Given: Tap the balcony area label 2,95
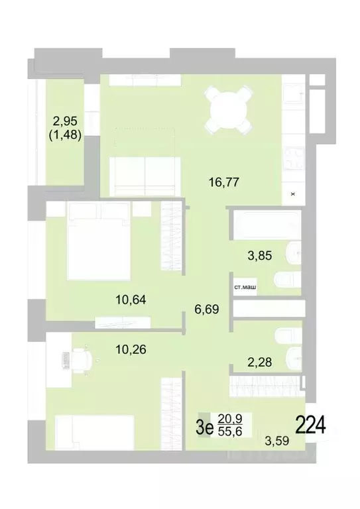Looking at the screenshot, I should click(65, 121).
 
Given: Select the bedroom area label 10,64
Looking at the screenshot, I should click(130, 299).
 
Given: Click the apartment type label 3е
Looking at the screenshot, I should click(204, 427).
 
